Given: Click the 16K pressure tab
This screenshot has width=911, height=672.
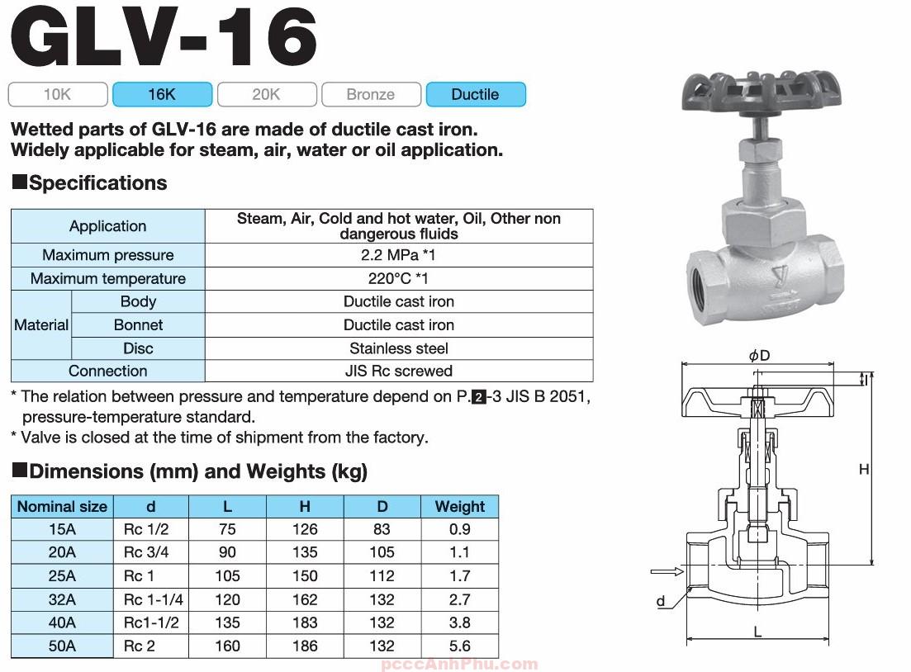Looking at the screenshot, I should pyautogui.click(x=162, y=95).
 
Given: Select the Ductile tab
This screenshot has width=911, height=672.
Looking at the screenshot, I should pyautogui.click(x=475, y=95).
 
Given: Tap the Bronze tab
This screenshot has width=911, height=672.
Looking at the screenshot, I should pyautogui.click(x=371, y=95).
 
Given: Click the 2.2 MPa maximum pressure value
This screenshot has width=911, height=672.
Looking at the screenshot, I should pyautogui.click(x=398, y=255).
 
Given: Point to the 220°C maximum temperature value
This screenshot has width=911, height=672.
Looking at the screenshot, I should pyautogui.click(x=398, y=278).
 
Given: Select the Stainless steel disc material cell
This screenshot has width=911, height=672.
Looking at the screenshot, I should pyautogui.click(x=398, y=348).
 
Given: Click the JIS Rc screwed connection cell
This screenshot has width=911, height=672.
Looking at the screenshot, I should pyautogui.click(x=398, y=371).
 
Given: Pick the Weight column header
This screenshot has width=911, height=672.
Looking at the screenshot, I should pyautogui.click(x=460, y=507).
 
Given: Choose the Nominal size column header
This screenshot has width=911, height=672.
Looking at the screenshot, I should pyautogui.click(x=62, y=507).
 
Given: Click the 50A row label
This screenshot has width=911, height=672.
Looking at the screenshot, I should pyautogui.click(x=62, y=646).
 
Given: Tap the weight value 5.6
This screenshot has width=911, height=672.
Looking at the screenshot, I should pyautogui.click(x=460, y=646).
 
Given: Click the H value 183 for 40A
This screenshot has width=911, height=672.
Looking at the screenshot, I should pyautogui.click(x=305, y=623).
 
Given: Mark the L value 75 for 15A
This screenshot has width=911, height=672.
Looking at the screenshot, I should pyautogui.click(x=227, y=530).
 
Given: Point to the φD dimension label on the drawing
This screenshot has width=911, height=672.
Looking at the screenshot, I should pyautogui.click(x=759, y=356).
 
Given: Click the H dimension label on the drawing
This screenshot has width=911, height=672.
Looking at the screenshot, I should pyautogui.click(x=864, y=470).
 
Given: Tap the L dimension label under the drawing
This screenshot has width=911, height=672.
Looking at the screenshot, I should pyautogui.click(x=757, y=633).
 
